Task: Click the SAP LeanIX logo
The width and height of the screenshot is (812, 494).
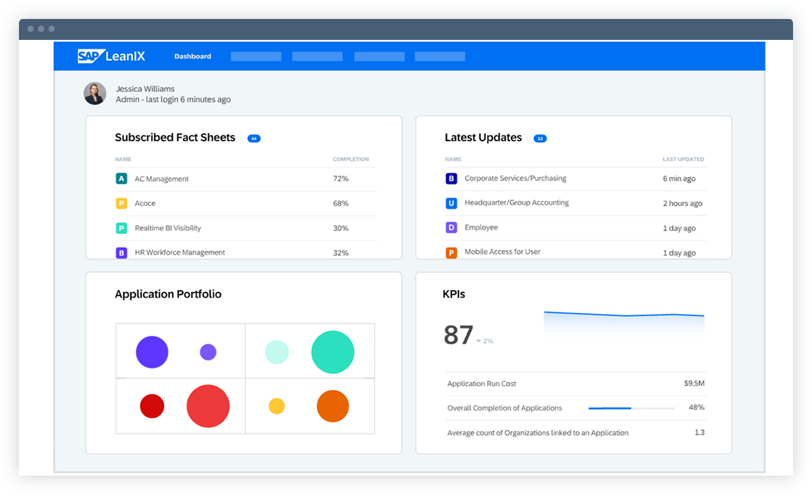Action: tap(111, 56)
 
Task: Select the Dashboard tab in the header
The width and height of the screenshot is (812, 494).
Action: tap(193, 56)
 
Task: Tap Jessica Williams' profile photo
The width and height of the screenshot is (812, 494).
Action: tap(95, 94)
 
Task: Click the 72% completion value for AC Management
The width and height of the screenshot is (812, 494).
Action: tap(341, 179)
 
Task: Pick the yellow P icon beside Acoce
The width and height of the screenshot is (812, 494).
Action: tap(121, 203)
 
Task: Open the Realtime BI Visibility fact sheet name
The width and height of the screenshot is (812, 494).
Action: tap(168, 228)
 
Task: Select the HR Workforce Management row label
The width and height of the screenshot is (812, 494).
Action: tap(180, 252)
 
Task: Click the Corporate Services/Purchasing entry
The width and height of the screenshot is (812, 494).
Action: tap(515, 179)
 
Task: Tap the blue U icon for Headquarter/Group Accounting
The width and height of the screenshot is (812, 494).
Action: tap(451, 203)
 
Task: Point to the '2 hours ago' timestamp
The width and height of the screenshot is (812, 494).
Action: tap(682, 203)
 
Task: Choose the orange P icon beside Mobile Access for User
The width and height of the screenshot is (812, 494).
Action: tap(451, 253)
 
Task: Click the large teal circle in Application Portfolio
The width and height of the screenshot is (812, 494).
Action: tap(333, 352)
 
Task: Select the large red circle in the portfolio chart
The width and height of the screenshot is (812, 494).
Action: tap(208, 406)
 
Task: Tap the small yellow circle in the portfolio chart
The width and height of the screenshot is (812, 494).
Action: tap(276, 406)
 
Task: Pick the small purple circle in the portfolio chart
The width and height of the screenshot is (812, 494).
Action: tap(208, 352)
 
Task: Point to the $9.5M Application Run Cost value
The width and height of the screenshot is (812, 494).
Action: tap(694, 384)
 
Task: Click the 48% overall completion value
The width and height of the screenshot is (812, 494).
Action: tap(696, 408)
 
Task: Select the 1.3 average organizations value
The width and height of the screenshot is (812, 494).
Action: tap(699, 433)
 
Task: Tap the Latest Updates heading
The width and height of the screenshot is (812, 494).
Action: tap(483, 137)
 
